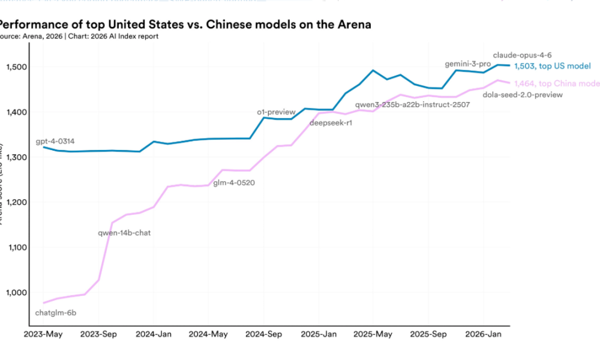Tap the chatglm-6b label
(56, 313)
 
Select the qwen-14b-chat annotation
(124, 232)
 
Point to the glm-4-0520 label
(234, 183)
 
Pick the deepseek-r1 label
(331, 123)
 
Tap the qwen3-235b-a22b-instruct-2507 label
(412, 104)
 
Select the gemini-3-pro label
(467, 64)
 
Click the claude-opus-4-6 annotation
(522, 55)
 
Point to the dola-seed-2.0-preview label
(523, 94)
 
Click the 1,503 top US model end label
(553, 66)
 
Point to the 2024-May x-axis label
(208, 334)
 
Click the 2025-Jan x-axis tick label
(319, 334)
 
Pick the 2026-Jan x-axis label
(484, 334)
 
